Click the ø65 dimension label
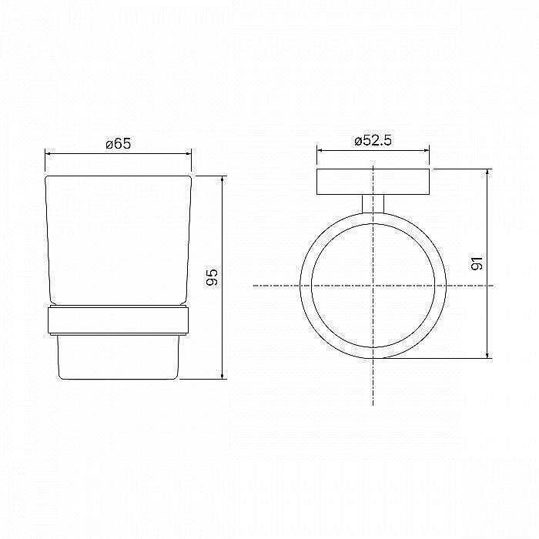119,143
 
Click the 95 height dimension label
212,277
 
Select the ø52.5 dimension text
373,140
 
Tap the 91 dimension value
477,263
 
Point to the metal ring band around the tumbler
118,320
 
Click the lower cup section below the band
119,357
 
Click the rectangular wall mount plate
373,182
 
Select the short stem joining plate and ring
373,204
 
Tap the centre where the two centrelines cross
373,286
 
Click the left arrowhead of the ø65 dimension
48,154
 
